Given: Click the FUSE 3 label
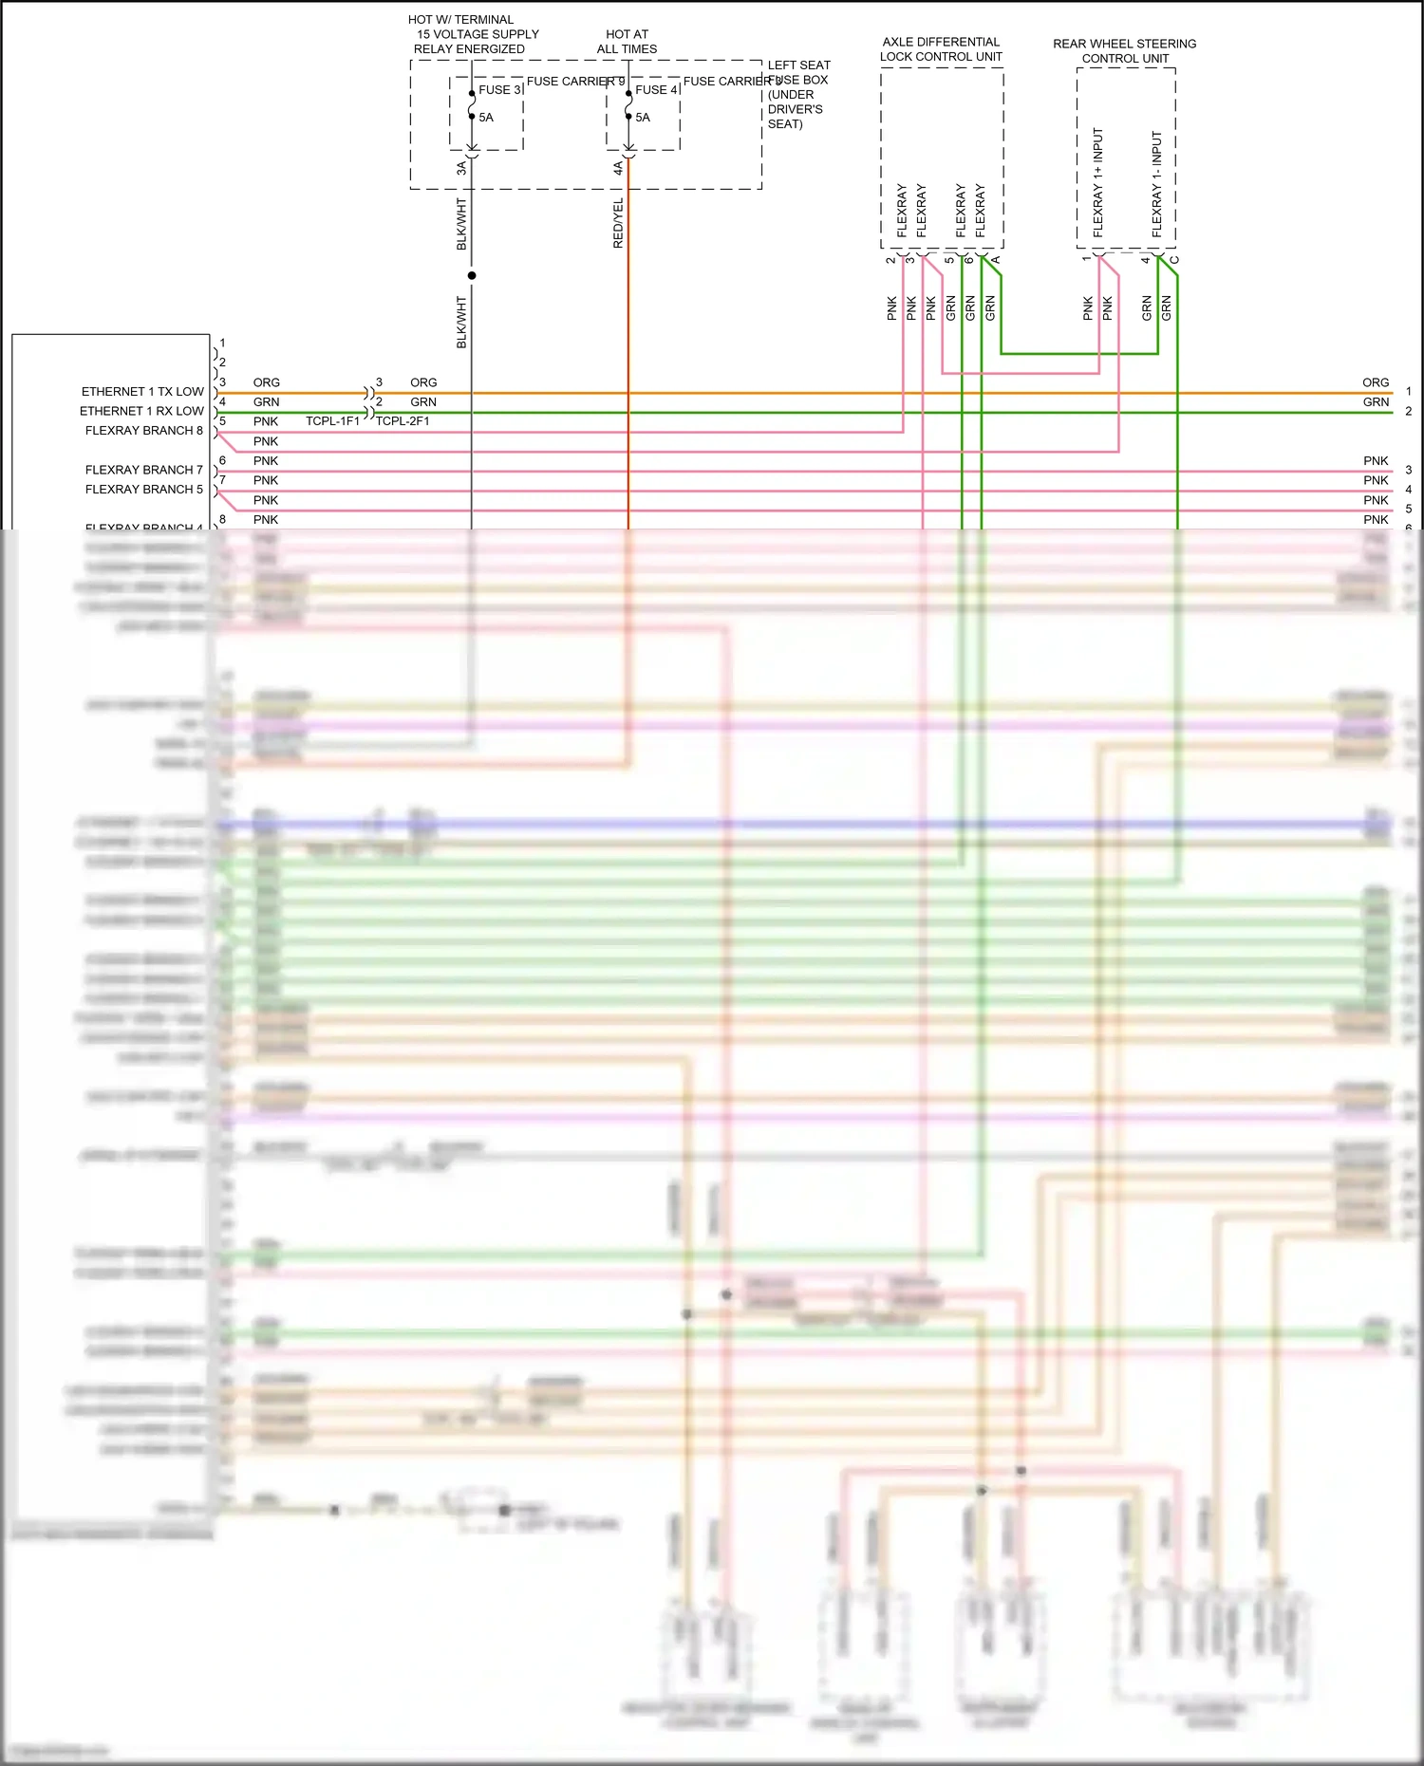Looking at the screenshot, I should click(499, 90).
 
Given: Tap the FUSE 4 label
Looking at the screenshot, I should click(656, 90).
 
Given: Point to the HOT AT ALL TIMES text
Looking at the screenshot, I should click(627, 42).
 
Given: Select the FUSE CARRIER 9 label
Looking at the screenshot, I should click(575, 82).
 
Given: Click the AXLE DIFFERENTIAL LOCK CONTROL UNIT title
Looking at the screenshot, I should click(941, 49).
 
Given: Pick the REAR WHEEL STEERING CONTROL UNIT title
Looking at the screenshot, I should click(1125, 51).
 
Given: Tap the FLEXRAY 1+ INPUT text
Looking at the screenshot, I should click(1098, 182).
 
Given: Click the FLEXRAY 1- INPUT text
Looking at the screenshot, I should click(1156, 184).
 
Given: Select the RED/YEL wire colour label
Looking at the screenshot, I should click(619, 224).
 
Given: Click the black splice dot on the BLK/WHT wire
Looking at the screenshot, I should click(472, 275).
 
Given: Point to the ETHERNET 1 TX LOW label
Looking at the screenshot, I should click(142, 392).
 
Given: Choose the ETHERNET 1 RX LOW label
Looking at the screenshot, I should click(141, 411).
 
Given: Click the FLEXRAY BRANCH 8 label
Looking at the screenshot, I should click(144, 431).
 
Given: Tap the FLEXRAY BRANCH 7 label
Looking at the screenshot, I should click(144, 470).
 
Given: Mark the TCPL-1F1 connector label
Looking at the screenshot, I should click(332, 421).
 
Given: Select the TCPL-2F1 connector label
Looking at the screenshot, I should click(403, 421).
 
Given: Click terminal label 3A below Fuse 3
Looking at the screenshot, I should click(461, 168).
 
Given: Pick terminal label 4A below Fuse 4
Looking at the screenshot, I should click(618, 168).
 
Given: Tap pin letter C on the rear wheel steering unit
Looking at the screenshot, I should click(1174, 260).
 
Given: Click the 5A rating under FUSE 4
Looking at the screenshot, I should click(643, 118).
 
